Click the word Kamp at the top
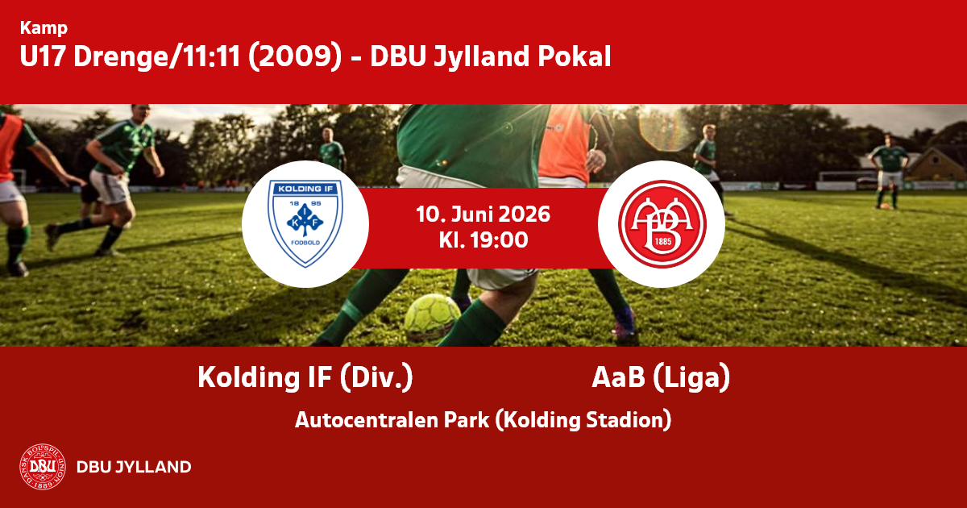pos(44,28)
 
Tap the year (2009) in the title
pos(295,56)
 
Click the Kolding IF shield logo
pos(305,224)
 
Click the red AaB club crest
pos(662,224)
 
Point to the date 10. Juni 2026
pos(483,214)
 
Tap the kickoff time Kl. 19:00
pos(483,240)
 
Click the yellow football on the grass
pos(432,316)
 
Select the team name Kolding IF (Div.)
pos(305,377)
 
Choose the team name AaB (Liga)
pos(661,377)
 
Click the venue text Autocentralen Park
pos(392,420)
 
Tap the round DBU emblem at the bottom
pos(43,467)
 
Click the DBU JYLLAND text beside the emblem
pos(134,467)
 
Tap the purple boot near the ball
pos(624,322)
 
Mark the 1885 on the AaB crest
pos(663,241)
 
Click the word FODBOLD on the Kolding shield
pos(305,243)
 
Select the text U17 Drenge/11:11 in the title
pos(130,56)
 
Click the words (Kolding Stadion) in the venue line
pos(583,420)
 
